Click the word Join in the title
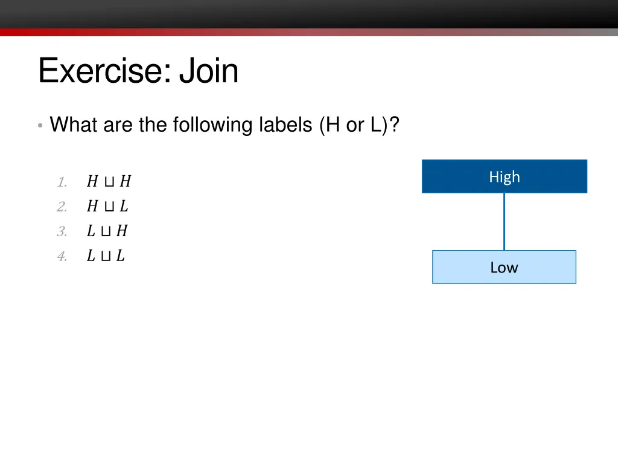209,71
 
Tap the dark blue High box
504,176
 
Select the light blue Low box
504,267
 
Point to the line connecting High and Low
504,222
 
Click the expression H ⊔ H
109,181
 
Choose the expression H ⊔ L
107,206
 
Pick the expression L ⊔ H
107,231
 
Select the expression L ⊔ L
106,256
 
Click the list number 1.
62,182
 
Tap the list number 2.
62,207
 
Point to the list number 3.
62,231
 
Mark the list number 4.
62,256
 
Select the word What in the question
74,125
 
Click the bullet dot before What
39,126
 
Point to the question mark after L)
394,125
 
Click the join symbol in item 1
109,182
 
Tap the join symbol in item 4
106,256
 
